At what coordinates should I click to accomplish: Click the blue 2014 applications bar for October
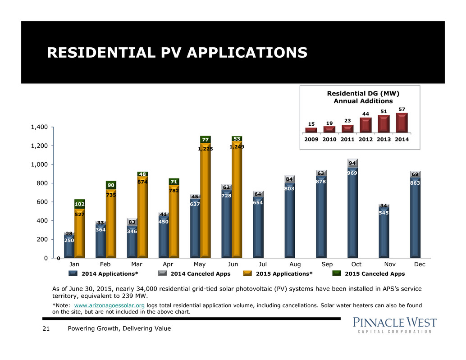(352, 216)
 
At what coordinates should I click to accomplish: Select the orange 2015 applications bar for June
(237, 203)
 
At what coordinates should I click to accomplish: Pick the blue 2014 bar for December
(415, 221)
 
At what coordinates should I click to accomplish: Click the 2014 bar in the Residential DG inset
(401, 123)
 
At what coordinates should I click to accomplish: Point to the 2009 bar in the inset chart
(311, 130)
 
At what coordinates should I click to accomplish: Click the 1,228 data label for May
(206, 149)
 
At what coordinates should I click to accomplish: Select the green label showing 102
(79, 204)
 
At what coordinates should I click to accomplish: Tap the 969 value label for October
(352, 173)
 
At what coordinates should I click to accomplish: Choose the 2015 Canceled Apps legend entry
(375, 273)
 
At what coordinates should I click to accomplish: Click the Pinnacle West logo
(394, 324)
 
